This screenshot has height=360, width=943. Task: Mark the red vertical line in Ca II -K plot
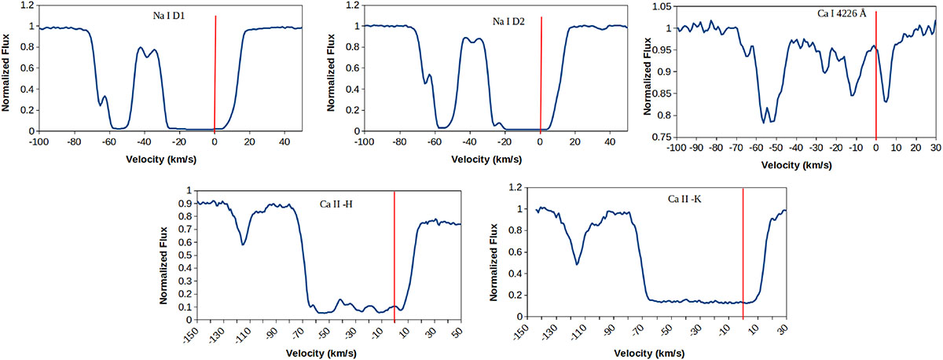(743, 252)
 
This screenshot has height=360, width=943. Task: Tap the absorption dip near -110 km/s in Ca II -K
(578, 264)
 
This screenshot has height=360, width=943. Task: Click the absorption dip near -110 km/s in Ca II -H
(244, 244)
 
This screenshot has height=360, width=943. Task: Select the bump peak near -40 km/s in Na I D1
(141, 47)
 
